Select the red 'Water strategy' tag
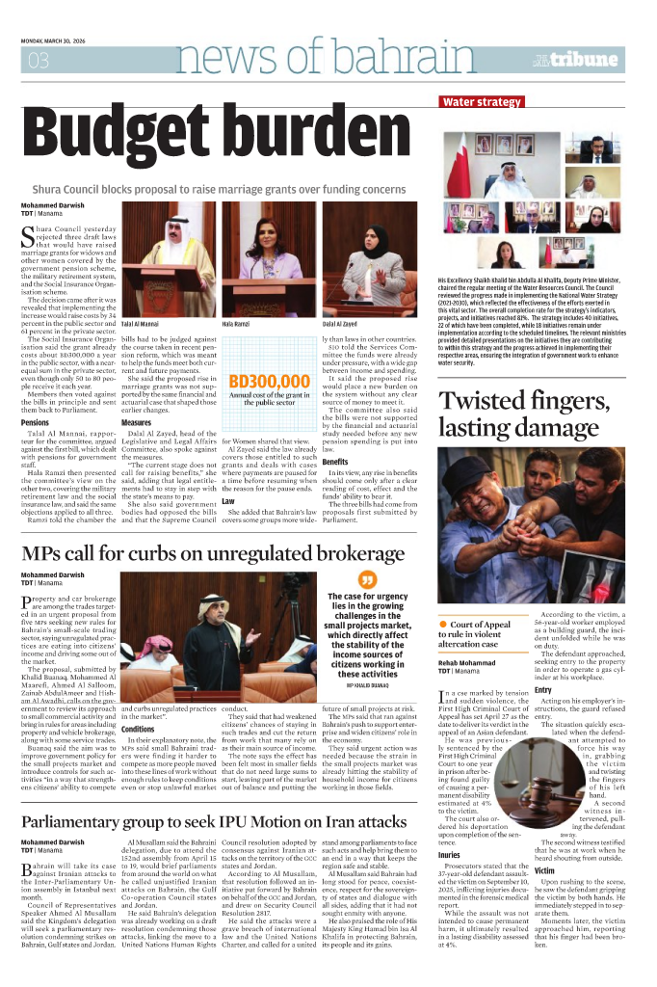(482, 102)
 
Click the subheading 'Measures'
(136, 423)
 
